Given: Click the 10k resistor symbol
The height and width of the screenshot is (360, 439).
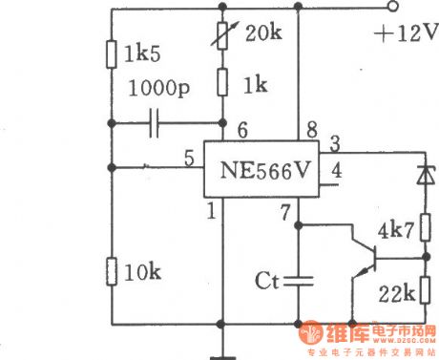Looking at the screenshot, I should [111, 272].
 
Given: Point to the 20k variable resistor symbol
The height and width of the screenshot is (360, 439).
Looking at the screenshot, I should [222, 36].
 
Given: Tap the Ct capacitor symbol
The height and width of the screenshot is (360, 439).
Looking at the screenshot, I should [299, 281].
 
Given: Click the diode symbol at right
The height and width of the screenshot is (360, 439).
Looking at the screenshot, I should [425, 175].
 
